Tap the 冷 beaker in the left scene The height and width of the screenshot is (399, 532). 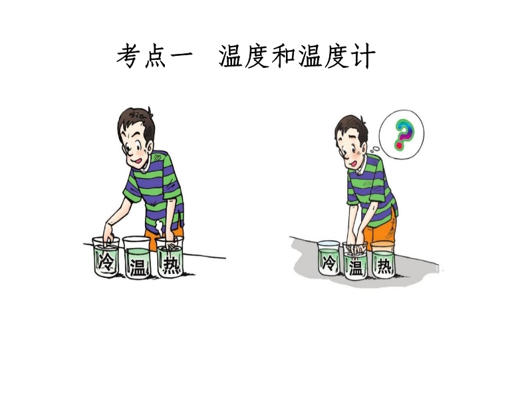click(106, 257)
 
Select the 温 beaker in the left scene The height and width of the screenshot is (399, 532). click(136, 257)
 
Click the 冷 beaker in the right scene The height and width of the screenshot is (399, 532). click(329, 258)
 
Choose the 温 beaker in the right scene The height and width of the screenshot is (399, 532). click(355, 261)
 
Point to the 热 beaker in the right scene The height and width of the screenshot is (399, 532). click(383, 259)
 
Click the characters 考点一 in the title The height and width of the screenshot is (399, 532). click(155, 56)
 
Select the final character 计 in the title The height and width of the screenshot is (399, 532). click(363, 56)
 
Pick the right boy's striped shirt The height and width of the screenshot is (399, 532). click(372, 190)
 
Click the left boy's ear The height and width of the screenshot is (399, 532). click(148, 146)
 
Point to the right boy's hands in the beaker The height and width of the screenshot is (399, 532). click(356, 247)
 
